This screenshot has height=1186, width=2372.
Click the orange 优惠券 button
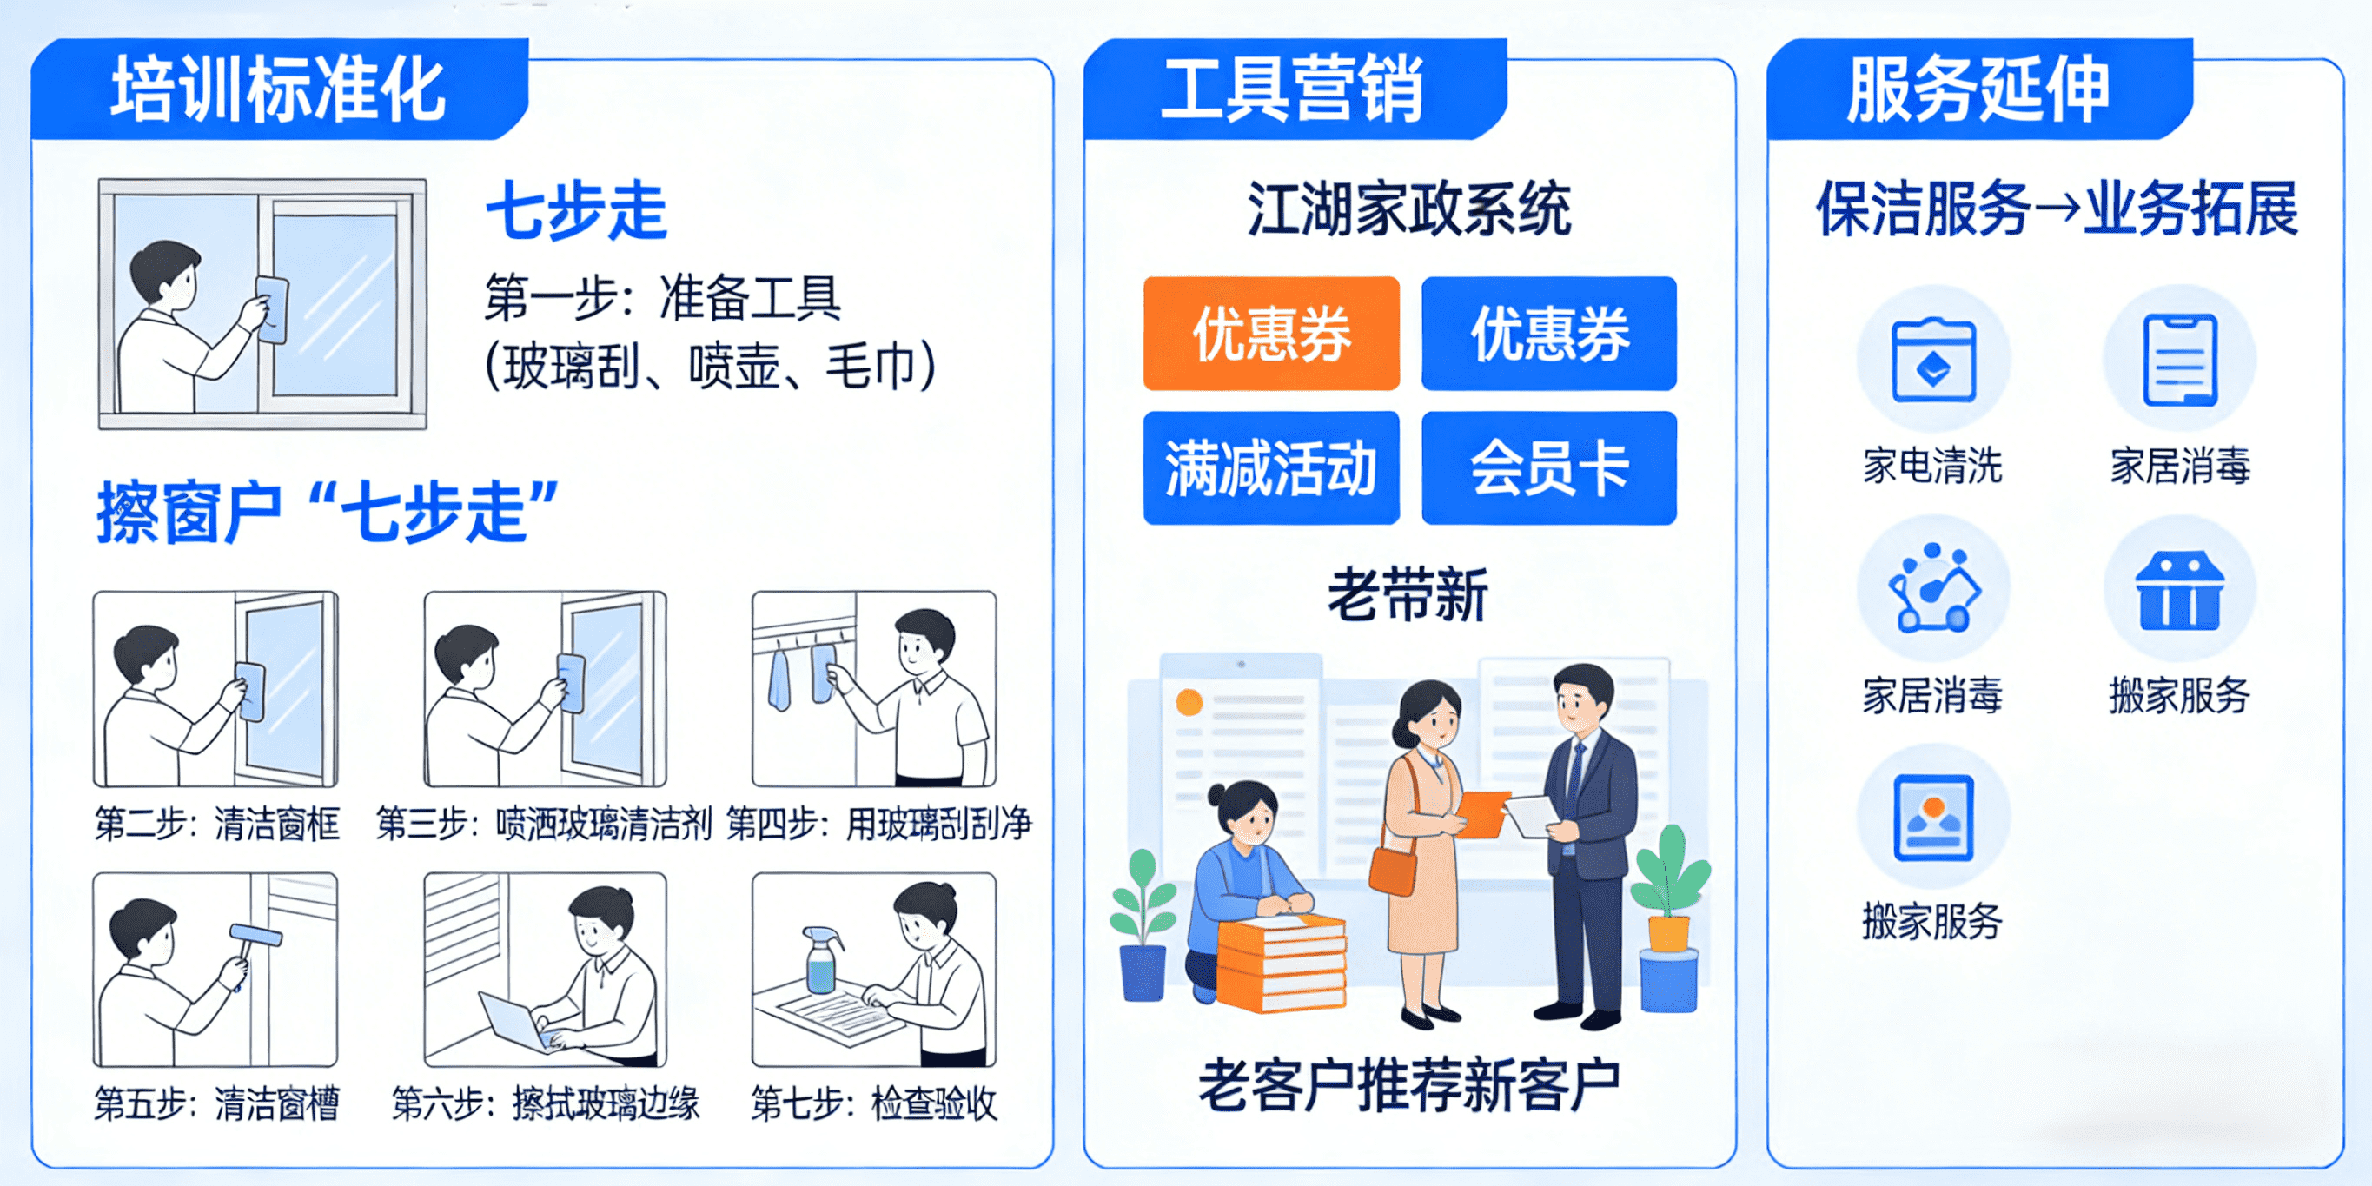click(1270, 334)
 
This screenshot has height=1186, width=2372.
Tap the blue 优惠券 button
click(1549, 334)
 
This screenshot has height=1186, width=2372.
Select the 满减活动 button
click(1270, 467)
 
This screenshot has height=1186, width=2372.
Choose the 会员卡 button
click(1549, 467)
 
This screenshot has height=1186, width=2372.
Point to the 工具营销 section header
click(1293, 89)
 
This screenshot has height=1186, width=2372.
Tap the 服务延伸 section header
click(1978, 89)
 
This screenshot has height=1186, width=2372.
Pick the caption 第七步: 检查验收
click(874, 1103)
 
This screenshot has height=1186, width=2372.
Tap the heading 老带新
click(1408, 595)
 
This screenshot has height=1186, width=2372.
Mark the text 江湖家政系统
click(1408, 209)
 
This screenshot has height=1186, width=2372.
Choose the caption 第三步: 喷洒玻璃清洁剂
click(544, 823)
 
